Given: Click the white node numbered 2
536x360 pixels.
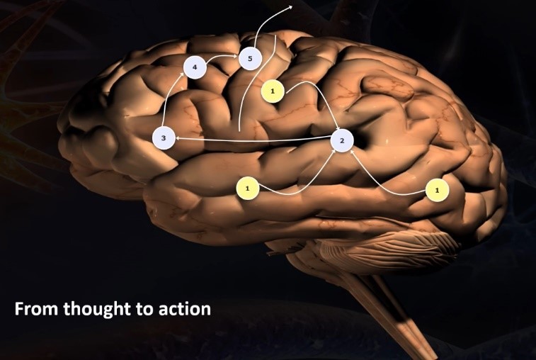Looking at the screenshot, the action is pos(342,140).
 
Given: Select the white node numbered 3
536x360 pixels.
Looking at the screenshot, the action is pos(164,138).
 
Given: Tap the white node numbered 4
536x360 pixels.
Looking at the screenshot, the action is pos(195,68).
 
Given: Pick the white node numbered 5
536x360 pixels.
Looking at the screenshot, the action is pos(250,57).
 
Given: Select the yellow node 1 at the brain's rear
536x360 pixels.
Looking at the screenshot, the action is pos(438,190).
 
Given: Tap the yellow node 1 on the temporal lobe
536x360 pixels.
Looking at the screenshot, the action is pos(247,188).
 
